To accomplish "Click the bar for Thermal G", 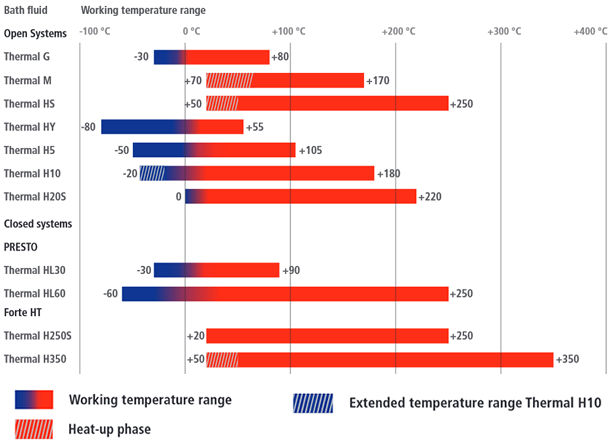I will pyautogui.click(x=212, y=57).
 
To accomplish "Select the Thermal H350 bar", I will pyautogui.click(x=380, y=359).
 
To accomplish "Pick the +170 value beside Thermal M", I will pyautogui.click(x=381, y=80).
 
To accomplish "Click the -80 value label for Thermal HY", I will pyautogui.click(x=89, y=127).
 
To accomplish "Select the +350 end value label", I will pyautogui.click(x=569, y=359).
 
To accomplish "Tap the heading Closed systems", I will pyautogui.click(x=37, y=223).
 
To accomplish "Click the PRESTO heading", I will pyautogui.click(x=21, y=246).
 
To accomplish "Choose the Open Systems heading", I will pyautogui.click(x=34, y=34).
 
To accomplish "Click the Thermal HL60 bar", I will pyautogui.click(x=285, y=293).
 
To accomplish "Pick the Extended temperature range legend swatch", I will pyautogui.click(x=314, y=403).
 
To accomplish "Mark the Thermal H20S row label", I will pyautogui.click(x=34, y=196).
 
